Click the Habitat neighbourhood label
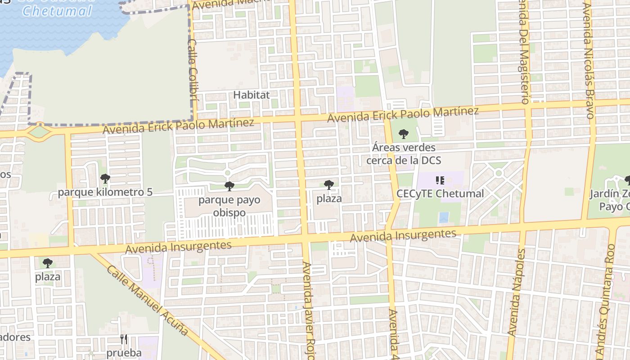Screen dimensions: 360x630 click(252, 95)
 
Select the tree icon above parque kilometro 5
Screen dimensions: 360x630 click(105, 179)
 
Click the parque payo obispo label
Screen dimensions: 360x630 click(229, 206)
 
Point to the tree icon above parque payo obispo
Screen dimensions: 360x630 click(229, 186)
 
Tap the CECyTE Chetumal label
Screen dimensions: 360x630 click(440, 193)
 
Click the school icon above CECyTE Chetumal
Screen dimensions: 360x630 click(440, 180)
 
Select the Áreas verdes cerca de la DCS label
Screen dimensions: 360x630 click(404, 153)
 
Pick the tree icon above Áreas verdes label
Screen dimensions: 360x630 click(404, 134)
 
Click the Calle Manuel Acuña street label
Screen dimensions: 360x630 click(148, 300)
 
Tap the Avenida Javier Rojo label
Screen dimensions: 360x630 click(308, 310)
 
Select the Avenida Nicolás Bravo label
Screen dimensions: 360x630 click(589, 61)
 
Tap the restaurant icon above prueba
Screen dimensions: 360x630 click(124, 339)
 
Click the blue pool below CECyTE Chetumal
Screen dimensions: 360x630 click(444, 217)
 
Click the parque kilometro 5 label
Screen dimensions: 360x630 click(105, 192)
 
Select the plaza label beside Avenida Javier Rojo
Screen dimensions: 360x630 click(329, 198)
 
